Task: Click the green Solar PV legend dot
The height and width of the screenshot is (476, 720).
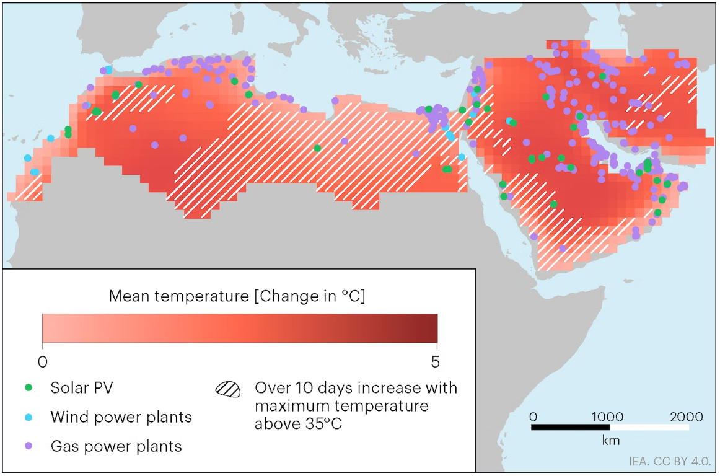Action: (x=29, y=388)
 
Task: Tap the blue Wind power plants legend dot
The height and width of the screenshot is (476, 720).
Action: (x=29, y=417)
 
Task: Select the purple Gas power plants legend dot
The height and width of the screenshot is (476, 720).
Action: (x=29, y=446)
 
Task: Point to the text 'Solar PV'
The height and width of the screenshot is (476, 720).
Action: (x=82, y=388)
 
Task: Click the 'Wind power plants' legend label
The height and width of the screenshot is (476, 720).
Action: (x=121, y=417)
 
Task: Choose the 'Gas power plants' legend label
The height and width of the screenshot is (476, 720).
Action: (x=116, y=446)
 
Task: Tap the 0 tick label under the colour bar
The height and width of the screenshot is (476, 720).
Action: (x=42, y=360)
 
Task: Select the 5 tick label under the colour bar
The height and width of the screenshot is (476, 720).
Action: (x=437, y=360)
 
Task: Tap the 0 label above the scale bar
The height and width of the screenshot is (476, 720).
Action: (x=533, y=416)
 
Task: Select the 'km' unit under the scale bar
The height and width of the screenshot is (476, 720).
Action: (x=610, y=441)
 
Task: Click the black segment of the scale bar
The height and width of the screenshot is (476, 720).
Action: (x=571, y=427)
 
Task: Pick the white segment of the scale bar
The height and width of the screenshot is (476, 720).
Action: (x=649, y=427)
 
